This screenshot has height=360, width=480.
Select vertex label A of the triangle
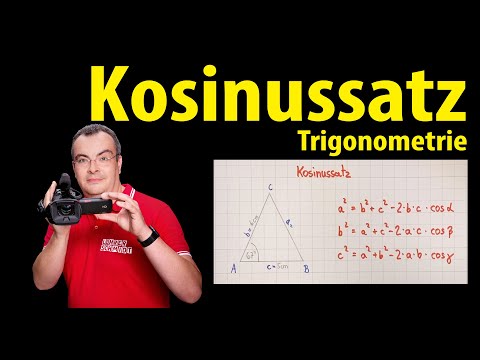(232, 267)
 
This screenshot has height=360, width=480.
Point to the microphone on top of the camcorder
(64, 183)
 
